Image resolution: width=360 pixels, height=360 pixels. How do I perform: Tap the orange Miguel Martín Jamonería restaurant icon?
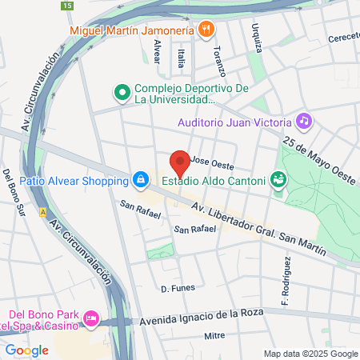pos(206,30)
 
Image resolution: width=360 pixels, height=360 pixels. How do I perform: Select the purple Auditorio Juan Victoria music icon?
pos(303,122)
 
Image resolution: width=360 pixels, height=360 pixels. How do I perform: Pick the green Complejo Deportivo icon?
pos(122,94)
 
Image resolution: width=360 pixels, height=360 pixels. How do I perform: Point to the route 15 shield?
pos(66,6)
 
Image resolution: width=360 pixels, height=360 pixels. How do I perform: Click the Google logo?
pos(26,350)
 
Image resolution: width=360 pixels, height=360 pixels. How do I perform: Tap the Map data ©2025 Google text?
pos(311,354)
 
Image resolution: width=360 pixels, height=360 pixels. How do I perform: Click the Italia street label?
pos(182,58)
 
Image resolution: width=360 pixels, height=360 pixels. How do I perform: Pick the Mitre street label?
pos(214,336)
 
